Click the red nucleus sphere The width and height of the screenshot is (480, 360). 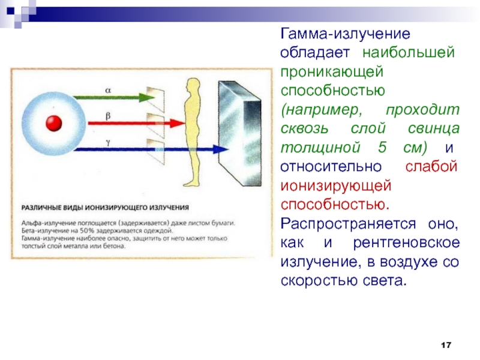click(55, 123)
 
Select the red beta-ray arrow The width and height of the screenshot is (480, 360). click(114, 122)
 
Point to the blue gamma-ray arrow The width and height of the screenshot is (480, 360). click(132, 149)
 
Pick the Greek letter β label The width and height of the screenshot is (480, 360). click(108, 115)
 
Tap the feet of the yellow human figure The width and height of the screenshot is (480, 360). click(191, 183)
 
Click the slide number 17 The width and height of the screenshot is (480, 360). click(445, 345)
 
